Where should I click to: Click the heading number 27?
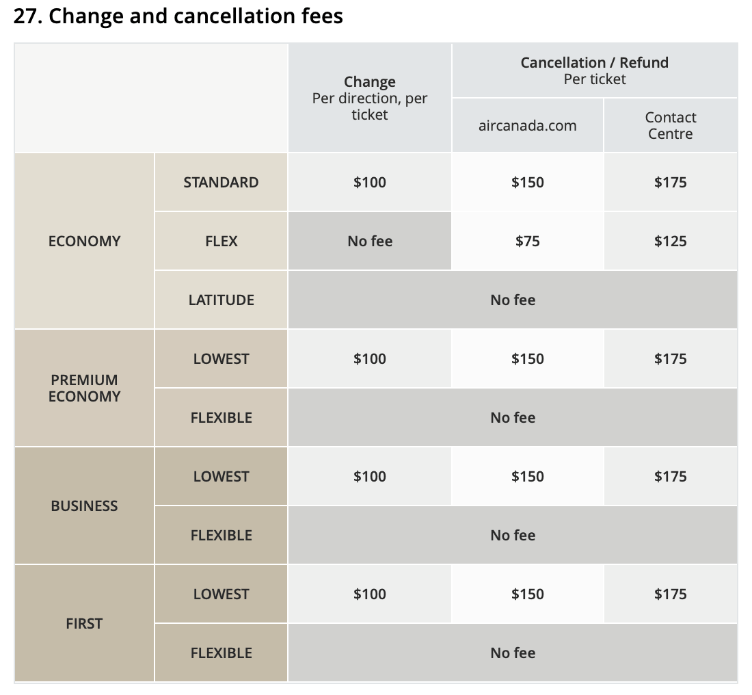(x=28, y=16)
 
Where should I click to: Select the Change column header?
(x=370, y=82)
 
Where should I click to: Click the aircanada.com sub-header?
(x=527, y=126)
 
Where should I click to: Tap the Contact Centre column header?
(x=670, y=126)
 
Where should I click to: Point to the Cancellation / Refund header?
(x=594, y=63)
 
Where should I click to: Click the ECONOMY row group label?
(x=84, y=241)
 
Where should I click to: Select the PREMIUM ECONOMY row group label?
(x=84, y=388)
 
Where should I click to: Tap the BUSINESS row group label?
(x=84, y=506)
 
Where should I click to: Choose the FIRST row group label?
(x=84, y=624)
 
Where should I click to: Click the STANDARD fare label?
(x=221, y=183)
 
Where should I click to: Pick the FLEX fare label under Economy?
(x=221, y=241)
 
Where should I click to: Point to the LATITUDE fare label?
(x=221, y=300)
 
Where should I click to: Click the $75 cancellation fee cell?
(x=527, y=241)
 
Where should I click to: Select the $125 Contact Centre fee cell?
(x=670, y=241)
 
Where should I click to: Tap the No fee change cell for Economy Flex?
(x=370, y=241)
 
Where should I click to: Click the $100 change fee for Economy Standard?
(x=370, y=183)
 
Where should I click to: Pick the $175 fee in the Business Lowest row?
(x=670, y=477)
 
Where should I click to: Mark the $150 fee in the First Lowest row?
(x=527, y=594)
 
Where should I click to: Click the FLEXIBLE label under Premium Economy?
(x=221, y=418)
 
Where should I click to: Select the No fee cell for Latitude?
(x=513, y=300)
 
